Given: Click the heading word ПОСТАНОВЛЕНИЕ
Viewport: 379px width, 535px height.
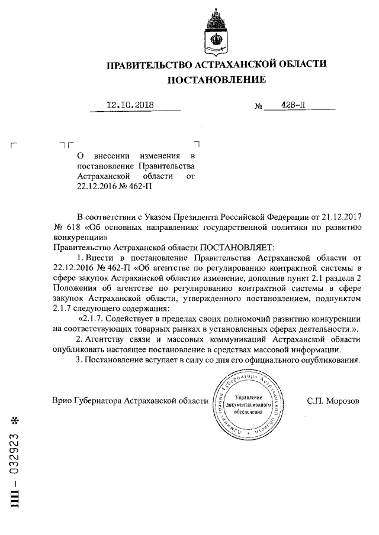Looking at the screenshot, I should click(x=216, y=79).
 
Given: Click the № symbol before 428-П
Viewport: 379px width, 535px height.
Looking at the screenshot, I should click(x=258, y=107).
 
